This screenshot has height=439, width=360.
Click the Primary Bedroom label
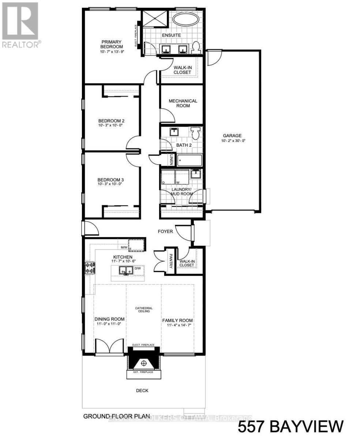(x=112, y=44)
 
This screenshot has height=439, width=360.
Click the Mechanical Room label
(x=183, y=103)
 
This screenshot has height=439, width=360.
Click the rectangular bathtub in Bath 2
(x=189, y=160)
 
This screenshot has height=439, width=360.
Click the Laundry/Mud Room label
(x=182, y=191)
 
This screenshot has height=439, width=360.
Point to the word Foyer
(x=165, y=231)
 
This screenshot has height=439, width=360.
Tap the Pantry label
(x=170, y=262)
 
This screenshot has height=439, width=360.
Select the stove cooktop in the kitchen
(x=90, y=268)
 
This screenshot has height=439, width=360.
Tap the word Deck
(x=142, y=390)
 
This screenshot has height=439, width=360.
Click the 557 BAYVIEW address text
(x=291, y=427)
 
